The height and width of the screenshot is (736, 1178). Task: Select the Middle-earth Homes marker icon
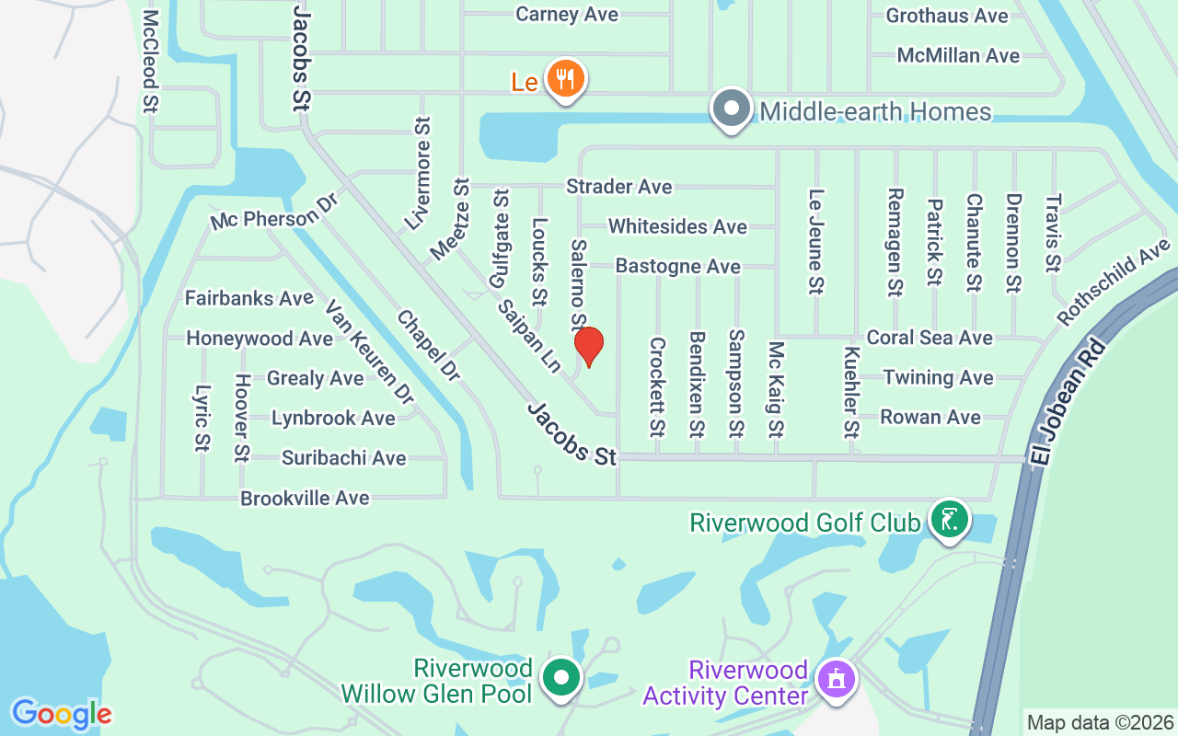[732, 109]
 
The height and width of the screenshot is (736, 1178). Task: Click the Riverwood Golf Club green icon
[949, 520]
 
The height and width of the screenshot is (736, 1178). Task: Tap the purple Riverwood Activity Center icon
[837, 681]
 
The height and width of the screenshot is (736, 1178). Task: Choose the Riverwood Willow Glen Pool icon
[561, 679]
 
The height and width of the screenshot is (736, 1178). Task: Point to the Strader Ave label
[618, 187]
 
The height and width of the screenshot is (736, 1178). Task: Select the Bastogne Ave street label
[677, 267]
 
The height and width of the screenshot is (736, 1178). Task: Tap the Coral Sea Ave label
[930, 338]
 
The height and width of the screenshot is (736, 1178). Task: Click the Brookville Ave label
[305, 498]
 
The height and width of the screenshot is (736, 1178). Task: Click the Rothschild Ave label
[1114, 282]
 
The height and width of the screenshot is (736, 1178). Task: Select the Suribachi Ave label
[343, 457]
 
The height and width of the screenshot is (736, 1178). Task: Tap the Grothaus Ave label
[947, 16]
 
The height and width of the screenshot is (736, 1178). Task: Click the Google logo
[62, 714]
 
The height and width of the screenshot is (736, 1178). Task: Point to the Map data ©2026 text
[1100, 722]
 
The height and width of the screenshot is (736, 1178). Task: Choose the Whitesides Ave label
[677, 226]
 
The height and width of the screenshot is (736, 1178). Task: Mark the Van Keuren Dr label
[369, 352]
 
